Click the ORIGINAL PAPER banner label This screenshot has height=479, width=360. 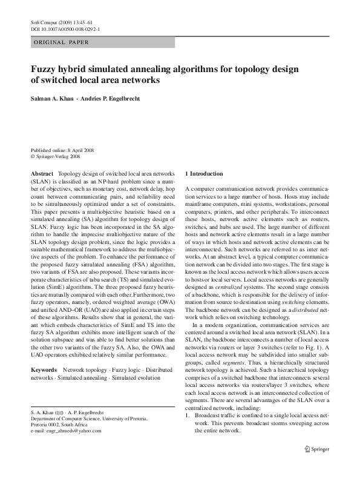coord(61,42)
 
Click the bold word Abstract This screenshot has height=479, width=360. coord(42,173)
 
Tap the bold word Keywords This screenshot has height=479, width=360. coord(44,369)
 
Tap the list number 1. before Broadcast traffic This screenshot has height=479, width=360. coord(188,433)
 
